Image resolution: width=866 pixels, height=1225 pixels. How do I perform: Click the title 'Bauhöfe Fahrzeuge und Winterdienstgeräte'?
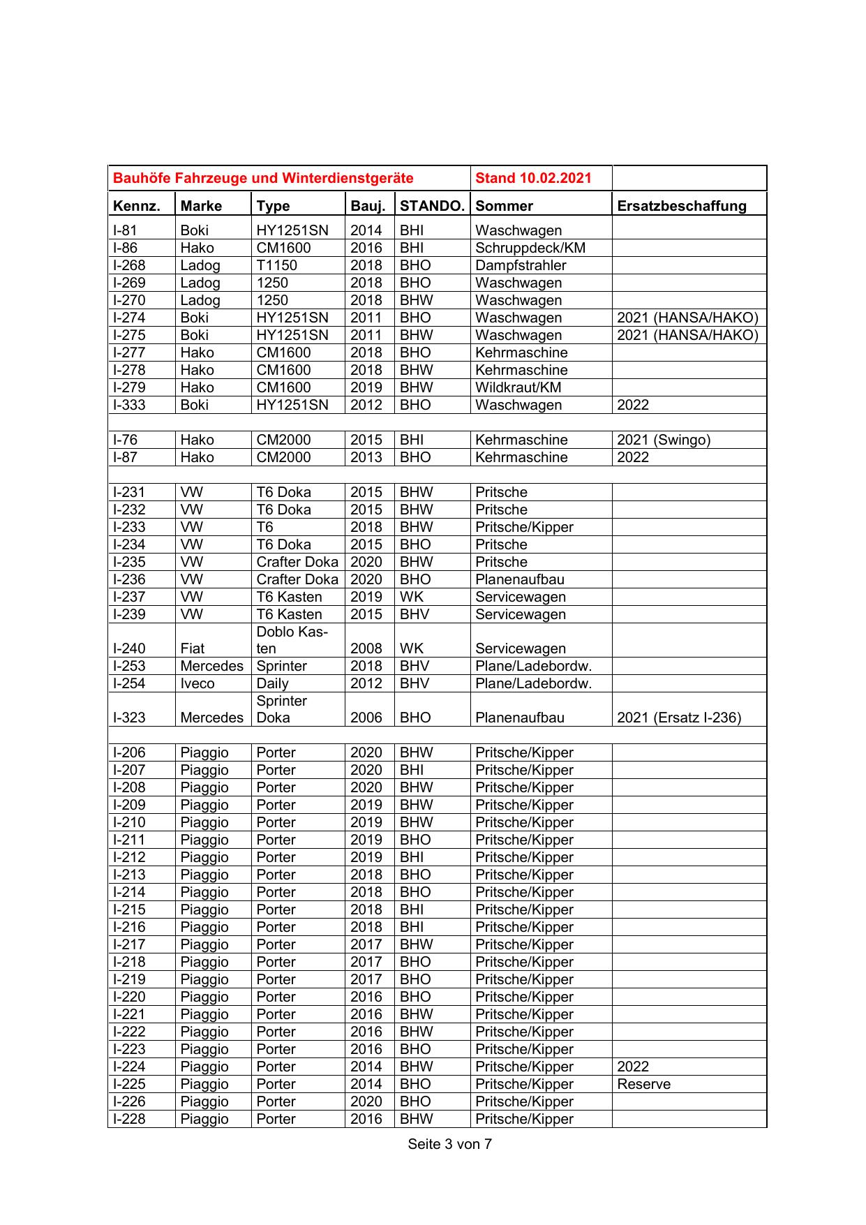point(263,178)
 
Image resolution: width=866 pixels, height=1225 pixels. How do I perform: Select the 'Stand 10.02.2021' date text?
point(533,178)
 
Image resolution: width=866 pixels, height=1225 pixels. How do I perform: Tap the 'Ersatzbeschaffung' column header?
point(682,206)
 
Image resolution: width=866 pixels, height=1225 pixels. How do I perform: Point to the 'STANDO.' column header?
point(432,206)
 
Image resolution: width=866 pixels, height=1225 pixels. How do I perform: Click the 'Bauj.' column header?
point(368,206)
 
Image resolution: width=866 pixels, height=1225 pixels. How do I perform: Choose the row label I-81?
point(125,230)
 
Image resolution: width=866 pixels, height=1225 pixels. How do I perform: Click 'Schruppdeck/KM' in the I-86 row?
point(530,248)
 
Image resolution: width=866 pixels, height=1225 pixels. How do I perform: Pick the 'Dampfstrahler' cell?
point(521,265)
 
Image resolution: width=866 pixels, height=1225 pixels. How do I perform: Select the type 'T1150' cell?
point(276,265)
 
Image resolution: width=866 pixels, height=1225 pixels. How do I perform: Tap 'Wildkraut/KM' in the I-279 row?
point(518,387)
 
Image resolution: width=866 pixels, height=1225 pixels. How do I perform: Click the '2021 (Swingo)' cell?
point(664,440)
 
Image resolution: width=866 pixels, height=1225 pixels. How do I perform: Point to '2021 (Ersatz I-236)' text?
point(679,718)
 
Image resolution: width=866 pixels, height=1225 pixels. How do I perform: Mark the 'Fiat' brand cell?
point(193,648)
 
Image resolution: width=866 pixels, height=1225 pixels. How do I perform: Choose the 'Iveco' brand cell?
point(197,683)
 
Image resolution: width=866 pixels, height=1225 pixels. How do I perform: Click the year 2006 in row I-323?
point(366,718)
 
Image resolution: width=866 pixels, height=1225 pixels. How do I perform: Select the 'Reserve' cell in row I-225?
point(643,1084)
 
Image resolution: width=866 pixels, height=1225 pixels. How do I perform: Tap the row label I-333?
point(129,405)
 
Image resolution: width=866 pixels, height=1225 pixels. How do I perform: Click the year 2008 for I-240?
point(366,648)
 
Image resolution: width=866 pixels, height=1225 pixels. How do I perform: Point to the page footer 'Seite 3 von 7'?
point(449,1144)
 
